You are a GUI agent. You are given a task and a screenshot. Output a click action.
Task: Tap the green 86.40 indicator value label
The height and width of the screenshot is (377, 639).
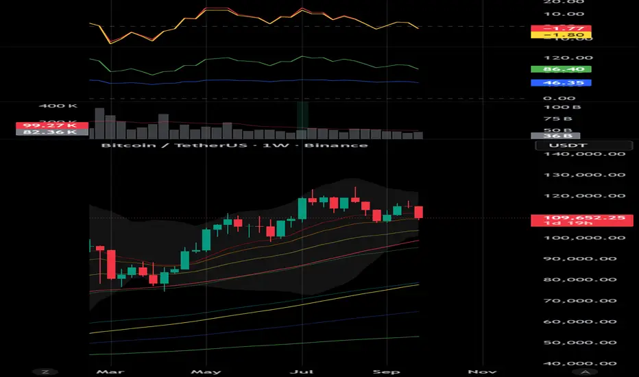(560, 70)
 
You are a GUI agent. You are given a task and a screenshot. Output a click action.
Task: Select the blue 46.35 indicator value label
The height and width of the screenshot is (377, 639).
(560, 82)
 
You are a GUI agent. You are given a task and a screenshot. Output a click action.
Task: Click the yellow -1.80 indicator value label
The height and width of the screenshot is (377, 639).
(560, 34)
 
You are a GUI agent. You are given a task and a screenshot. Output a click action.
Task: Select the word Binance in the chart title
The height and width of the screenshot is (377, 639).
(346, 145)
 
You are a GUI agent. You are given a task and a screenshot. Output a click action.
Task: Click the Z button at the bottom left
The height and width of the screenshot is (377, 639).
(45, 371)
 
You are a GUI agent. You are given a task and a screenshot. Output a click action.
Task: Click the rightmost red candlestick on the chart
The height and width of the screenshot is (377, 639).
(418, 212)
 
